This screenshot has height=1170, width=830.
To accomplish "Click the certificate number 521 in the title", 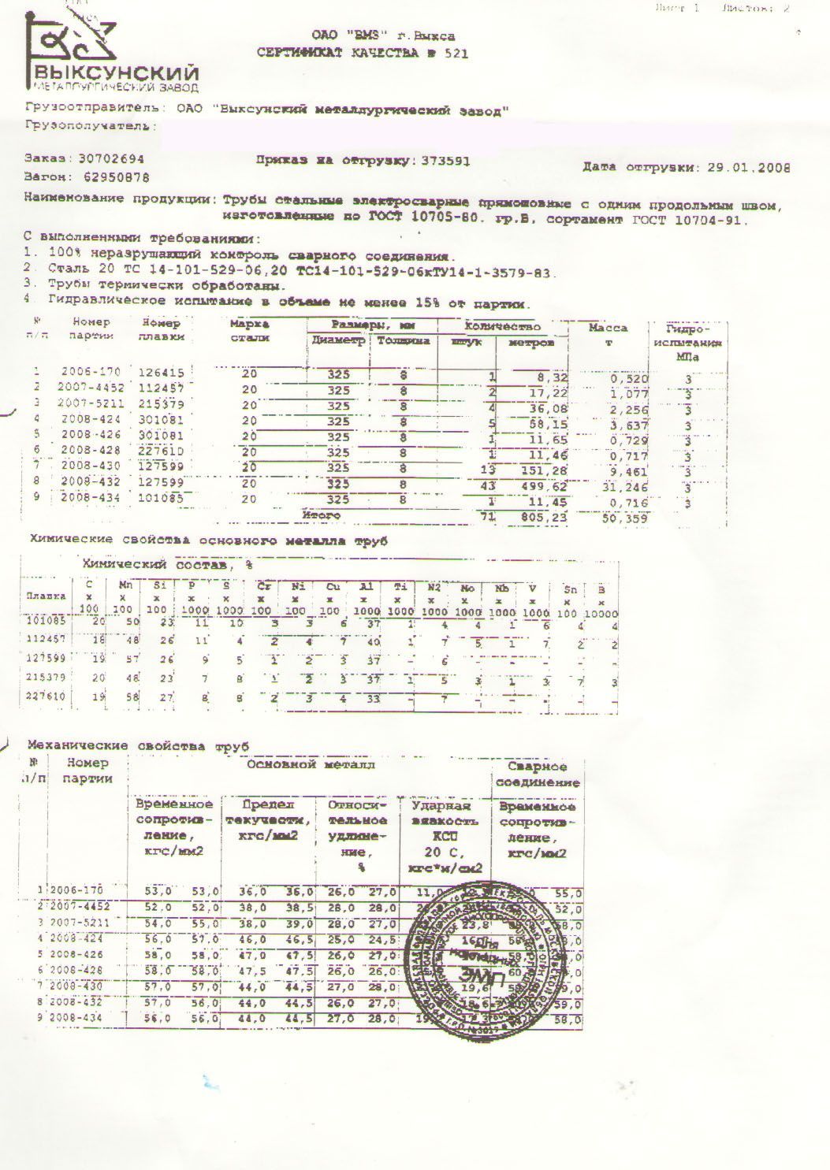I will [456, 54].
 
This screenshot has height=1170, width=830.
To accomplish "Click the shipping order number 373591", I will [446, 161].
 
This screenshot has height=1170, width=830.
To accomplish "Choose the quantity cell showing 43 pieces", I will [488, 486].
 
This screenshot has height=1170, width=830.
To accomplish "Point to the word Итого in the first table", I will [321, 515].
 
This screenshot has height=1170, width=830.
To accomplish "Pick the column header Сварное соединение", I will [538, 774].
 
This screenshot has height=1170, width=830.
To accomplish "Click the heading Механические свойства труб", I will [139, 745].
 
